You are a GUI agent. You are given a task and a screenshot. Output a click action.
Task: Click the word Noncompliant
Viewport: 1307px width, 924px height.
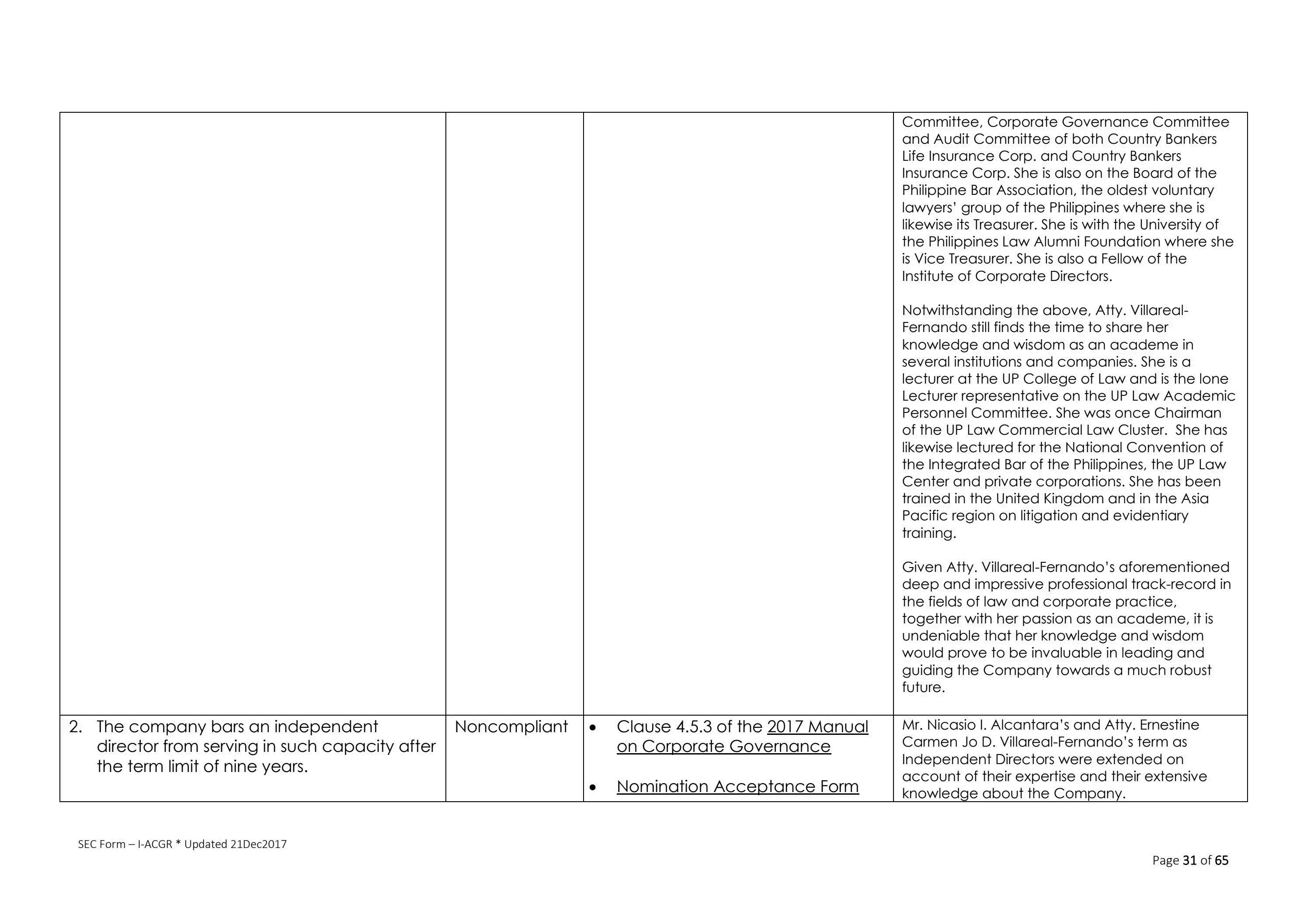(511, 727)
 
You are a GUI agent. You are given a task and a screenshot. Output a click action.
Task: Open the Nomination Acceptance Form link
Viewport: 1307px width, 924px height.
(737, 786)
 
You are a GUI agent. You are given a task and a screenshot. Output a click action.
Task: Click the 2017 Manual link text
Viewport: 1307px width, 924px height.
(817, 727)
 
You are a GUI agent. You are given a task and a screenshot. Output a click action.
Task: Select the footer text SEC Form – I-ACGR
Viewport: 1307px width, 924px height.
(125, 844)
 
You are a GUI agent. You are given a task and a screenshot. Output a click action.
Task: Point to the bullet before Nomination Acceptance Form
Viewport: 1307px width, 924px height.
(593, 787)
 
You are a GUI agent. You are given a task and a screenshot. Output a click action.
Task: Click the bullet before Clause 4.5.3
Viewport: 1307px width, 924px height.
(593, 728)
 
